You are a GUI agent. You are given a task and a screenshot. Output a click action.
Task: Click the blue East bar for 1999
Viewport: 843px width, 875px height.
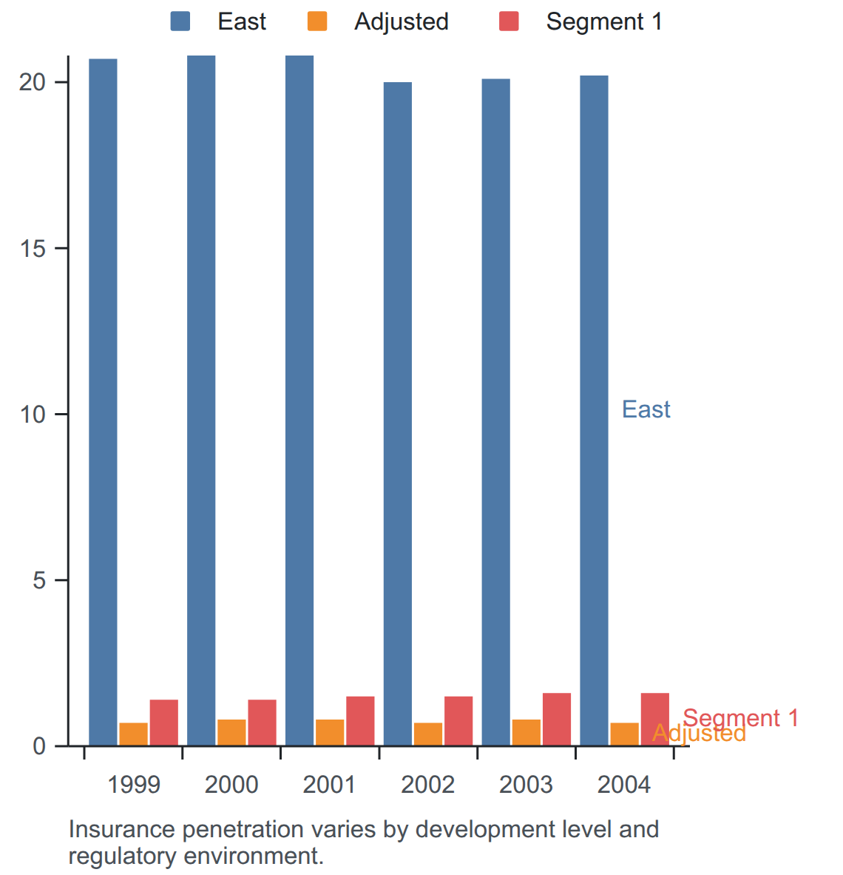103,402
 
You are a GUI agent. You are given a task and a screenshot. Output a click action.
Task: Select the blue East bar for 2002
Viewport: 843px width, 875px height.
398,414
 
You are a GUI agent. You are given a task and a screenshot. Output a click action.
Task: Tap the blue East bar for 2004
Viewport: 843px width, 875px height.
595,411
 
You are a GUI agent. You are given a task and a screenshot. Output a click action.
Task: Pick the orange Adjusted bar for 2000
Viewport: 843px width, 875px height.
231,733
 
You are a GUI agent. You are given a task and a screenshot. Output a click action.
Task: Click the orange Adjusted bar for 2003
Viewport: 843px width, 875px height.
527,733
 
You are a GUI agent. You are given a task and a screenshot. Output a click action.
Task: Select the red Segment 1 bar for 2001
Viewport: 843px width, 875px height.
360,721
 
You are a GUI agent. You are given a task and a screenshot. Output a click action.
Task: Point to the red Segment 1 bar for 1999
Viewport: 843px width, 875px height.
164,723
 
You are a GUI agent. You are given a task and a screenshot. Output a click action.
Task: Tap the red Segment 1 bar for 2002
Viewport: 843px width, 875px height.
458,721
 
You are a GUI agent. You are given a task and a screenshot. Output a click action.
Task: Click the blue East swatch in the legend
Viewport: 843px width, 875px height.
180,21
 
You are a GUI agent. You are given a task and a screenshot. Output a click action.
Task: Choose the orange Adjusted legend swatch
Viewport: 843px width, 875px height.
317,21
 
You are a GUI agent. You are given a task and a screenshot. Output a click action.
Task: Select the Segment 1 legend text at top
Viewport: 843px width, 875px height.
604,21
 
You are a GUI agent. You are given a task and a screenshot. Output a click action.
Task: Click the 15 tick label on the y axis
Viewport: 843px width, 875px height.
33,248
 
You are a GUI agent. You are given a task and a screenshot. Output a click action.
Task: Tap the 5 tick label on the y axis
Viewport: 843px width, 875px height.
39,580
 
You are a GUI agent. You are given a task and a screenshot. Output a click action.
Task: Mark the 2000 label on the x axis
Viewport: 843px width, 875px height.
231,785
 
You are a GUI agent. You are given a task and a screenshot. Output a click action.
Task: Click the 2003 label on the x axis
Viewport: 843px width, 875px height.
526,785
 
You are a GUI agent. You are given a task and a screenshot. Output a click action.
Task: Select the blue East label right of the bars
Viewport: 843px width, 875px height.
646,409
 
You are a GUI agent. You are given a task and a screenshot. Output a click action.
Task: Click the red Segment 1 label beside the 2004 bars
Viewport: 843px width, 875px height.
740,717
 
